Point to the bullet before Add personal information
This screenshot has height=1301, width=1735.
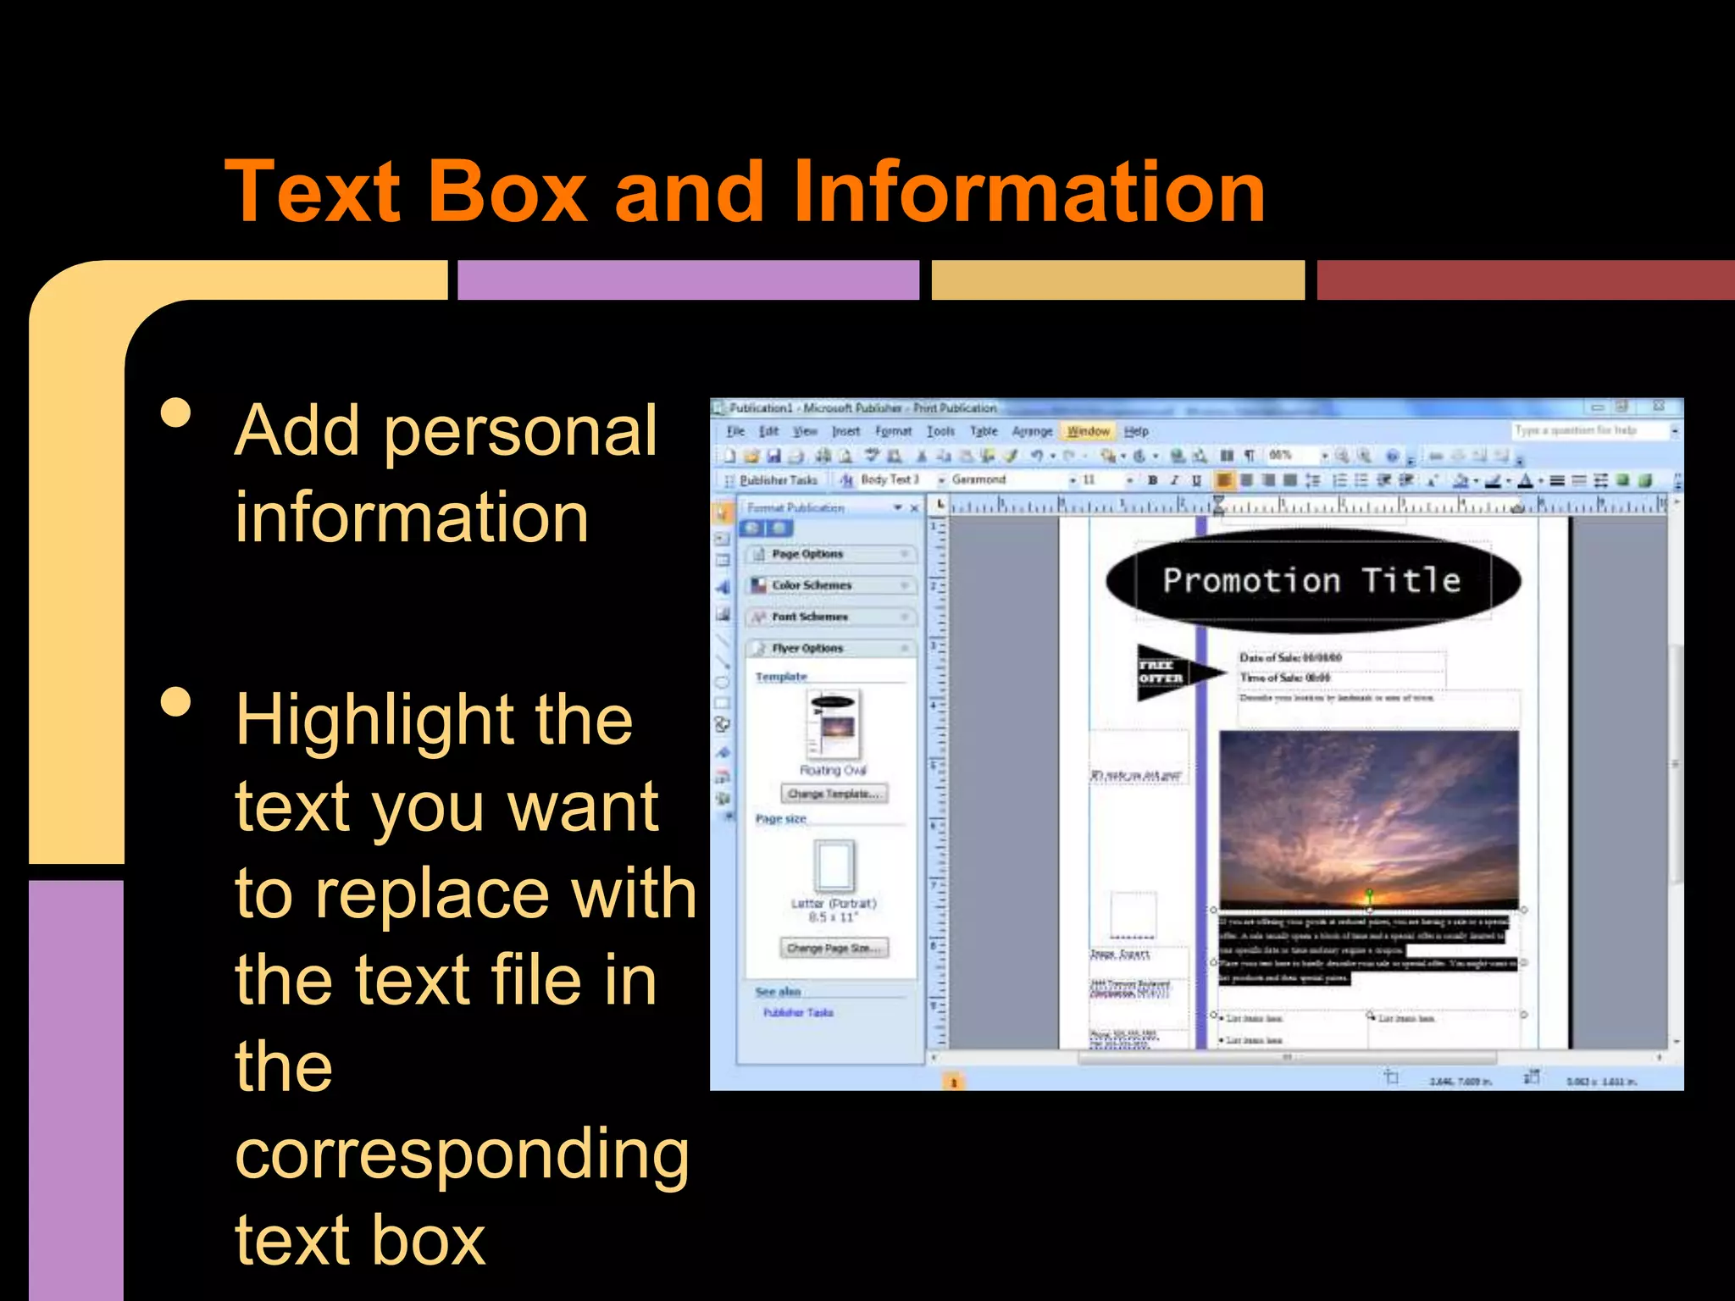pos(176,414)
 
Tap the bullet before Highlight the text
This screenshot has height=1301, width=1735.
pos(176,702)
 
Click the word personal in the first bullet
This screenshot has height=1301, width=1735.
pos(520,431)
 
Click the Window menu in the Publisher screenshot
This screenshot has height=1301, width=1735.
pos(1088,431)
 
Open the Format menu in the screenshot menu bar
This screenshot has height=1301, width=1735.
pos(893,431)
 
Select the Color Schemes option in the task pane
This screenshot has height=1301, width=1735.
pos(812,585)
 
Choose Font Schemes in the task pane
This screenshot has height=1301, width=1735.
pos(809,617)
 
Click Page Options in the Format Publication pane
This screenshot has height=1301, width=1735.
pos(807,554)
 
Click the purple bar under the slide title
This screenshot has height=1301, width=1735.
pos(688,280)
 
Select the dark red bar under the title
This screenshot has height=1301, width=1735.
pos(1525,280)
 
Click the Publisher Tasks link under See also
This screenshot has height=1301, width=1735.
pos(798,1012)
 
